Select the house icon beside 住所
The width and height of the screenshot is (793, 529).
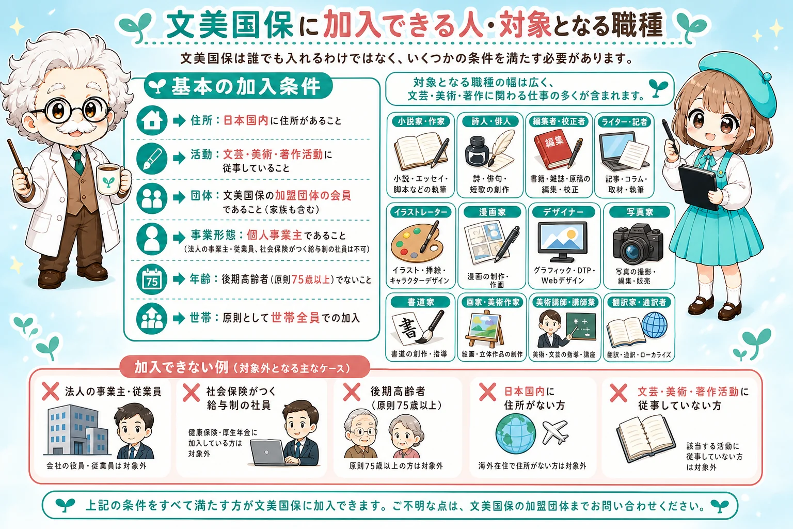point(152,120)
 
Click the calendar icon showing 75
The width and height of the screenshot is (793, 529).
point(152,279)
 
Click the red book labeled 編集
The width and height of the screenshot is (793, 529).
point(553,151)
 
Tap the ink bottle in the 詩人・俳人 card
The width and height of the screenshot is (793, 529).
point(477,151)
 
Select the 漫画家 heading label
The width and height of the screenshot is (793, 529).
point(492,212)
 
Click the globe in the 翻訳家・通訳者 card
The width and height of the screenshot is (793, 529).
point(654,325)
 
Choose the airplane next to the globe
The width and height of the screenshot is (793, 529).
point(555,432)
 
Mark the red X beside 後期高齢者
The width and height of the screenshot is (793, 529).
point(352,392)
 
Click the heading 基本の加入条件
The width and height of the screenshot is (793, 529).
point(246,86)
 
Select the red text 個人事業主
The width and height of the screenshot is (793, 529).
point(274,235)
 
